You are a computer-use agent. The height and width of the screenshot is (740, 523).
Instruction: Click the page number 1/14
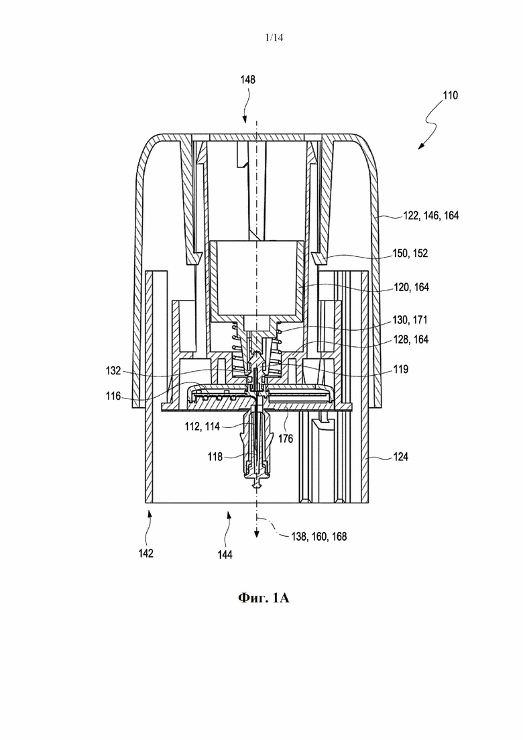[274, 38]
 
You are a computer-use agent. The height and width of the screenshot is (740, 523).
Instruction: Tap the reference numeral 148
[247, 79]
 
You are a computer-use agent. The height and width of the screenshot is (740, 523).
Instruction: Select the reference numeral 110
[451, 95]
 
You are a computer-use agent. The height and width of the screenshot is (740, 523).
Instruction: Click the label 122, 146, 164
[431, 215]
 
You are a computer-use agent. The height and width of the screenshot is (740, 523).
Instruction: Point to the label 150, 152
[410, 254]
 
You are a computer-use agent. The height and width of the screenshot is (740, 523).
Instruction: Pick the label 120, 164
[411, 287]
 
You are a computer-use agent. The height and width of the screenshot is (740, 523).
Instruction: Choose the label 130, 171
[410, 320]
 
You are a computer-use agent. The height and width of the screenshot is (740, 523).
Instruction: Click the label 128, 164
[411, 339]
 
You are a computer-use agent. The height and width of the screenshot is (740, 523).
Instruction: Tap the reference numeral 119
[401, 369]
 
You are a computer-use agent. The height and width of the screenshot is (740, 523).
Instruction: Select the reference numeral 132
[113, 371]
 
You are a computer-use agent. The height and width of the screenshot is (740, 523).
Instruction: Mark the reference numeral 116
[113, 396]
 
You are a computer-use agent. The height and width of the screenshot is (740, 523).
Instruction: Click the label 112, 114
[202, 427]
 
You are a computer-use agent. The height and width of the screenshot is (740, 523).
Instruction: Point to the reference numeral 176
[286, 439]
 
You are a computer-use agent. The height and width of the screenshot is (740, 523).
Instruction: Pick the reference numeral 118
[215, 457]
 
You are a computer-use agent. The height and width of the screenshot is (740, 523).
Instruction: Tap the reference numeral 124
[401, 457]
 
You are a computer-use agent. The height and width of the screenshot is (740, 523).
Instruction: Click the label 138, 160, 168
[319, 537]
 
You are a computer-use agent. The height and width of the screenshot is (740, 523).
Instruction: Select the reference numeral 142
[146, 553]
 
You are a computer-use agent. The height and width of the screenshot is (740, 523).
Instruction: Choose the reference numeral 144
[225, 555]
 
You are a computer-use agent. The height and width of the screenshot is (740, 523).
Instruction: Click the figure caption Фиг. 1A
[264, 598]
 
